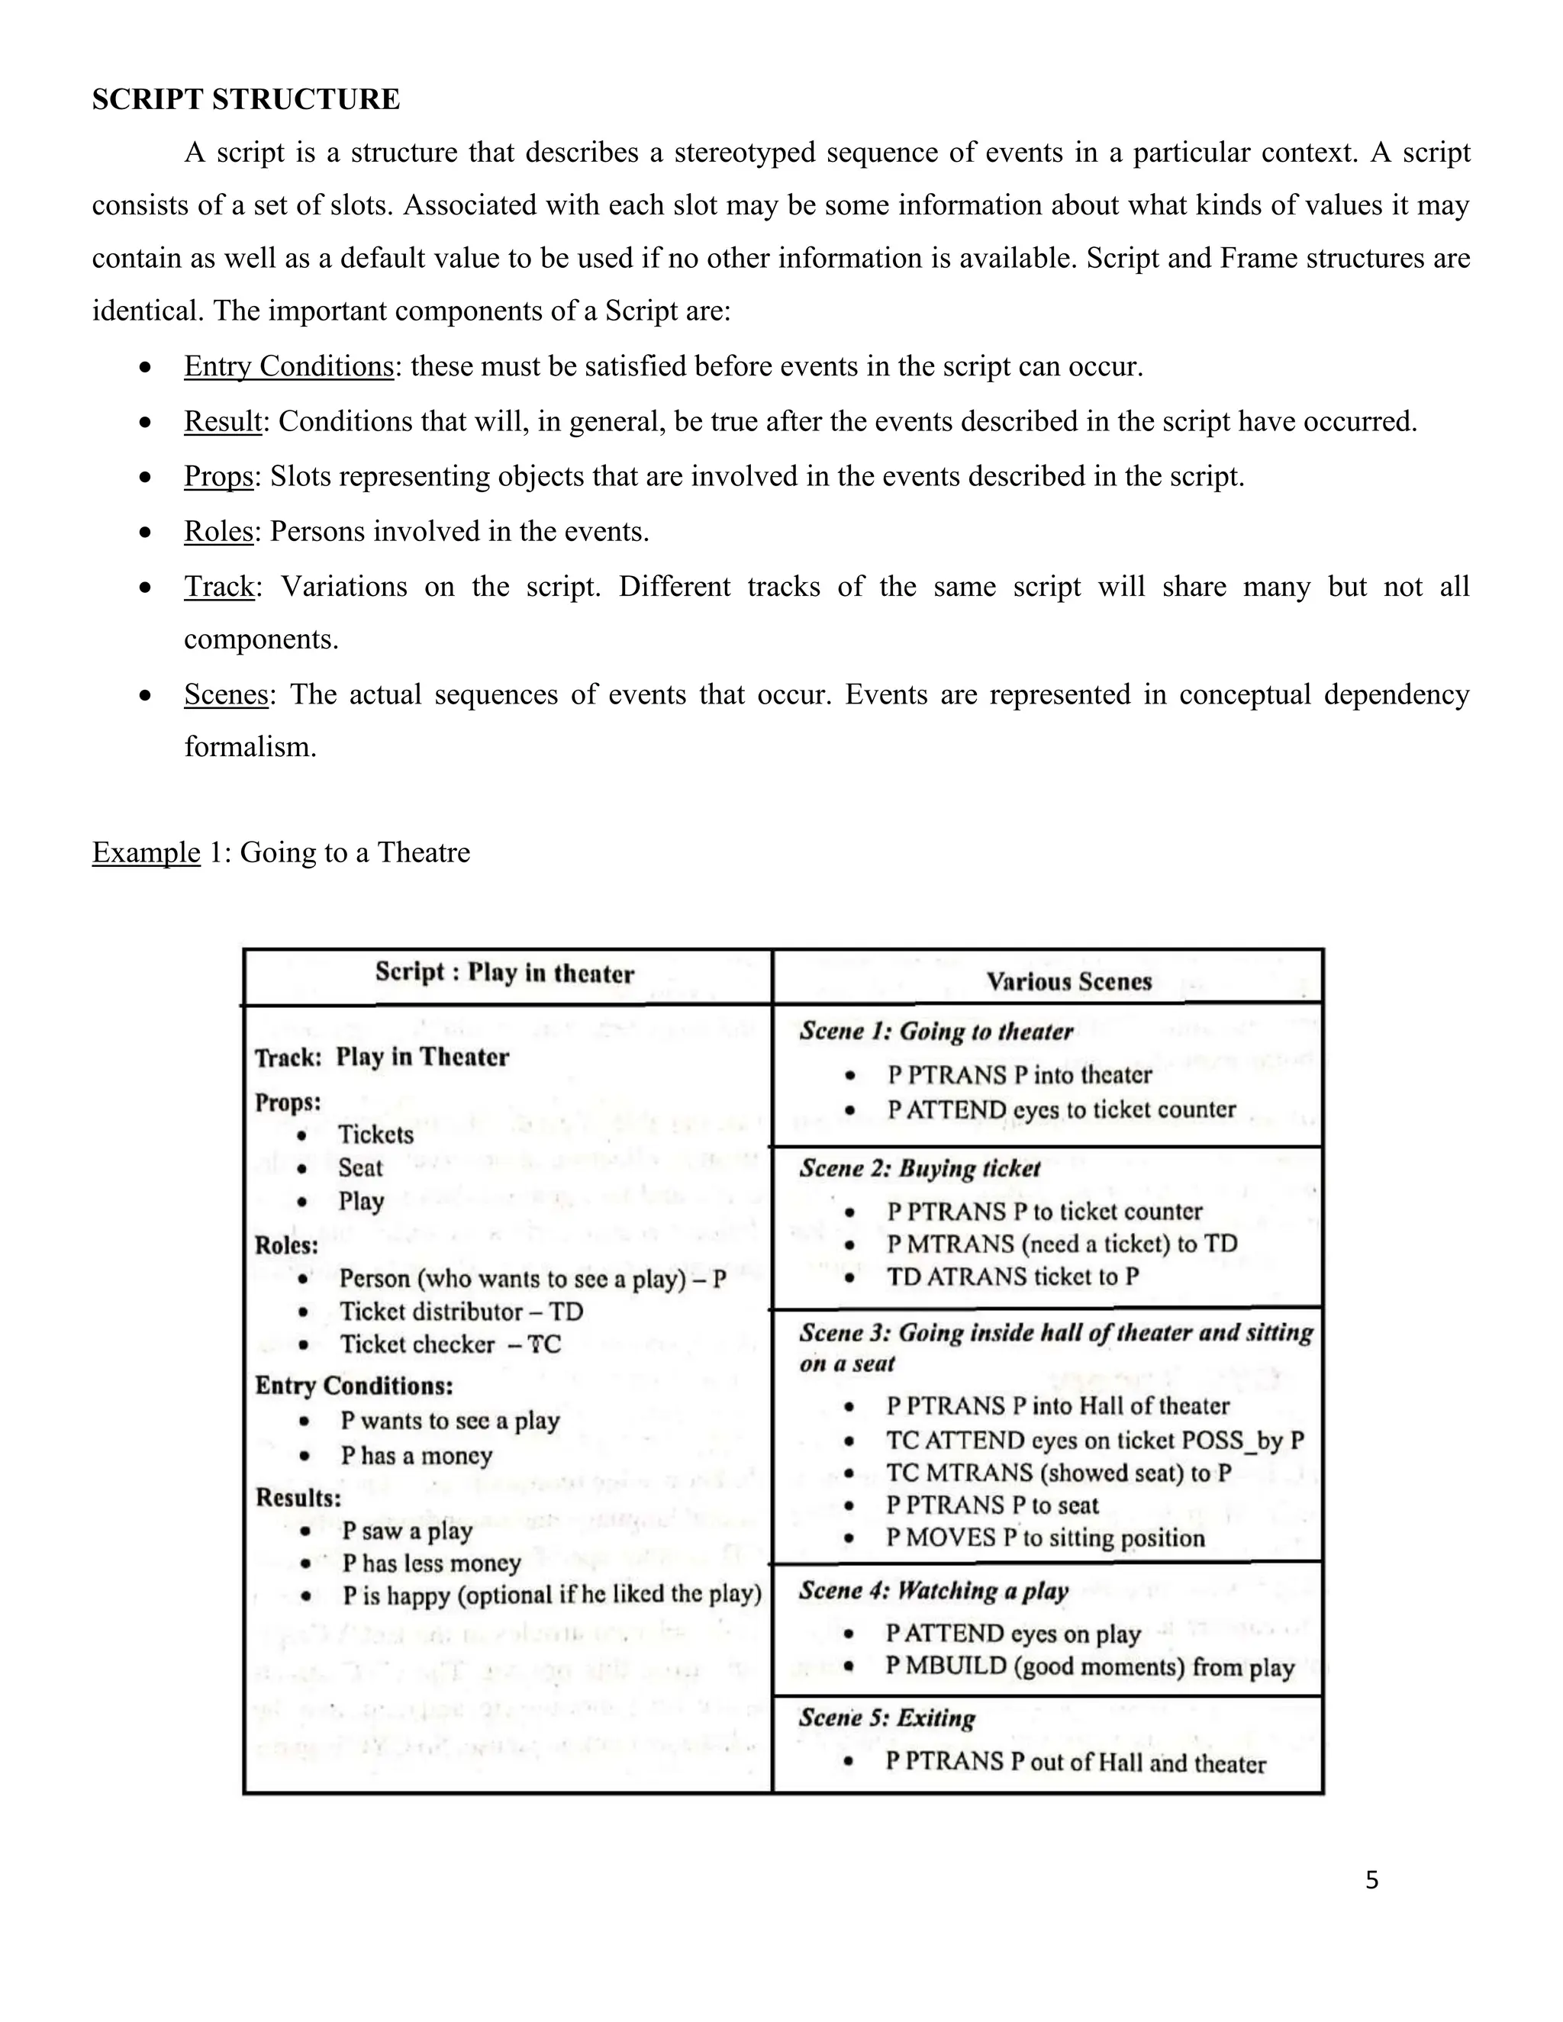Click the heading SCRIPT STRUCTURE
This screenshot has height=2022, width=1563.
click(246, 99)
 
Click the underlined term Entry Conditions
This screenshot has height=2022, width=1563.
click(289, 366)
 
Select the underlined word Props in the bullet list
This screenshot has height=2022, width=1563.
click(218, 477)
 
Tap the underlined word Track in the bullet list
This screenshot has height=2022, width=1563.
click(218, 587)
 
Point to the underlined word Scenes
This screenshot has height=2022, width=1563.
click(226, 694)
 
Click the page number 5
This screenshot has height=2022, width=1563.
click(1371, 1880)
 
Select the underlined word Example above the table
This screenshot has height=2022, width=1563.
click(145, 853)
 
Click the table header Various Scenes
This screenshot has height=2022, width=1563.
click(1068, 981)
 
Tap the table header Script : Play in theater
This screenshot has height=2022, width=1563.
click(504, 973)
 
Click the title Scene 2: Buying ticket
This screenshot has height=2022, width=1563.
click(920, 1168)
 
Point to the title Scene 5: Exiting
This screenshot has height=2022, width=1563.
click(887, 1718)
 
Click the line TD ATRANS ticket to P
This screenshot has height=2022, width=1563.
click(1012, 1277)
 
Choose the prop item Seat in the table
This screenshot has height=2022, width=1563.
click(360, 1167)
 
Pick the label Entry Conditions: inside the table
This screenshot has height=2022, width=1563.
click(353, 1386)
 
